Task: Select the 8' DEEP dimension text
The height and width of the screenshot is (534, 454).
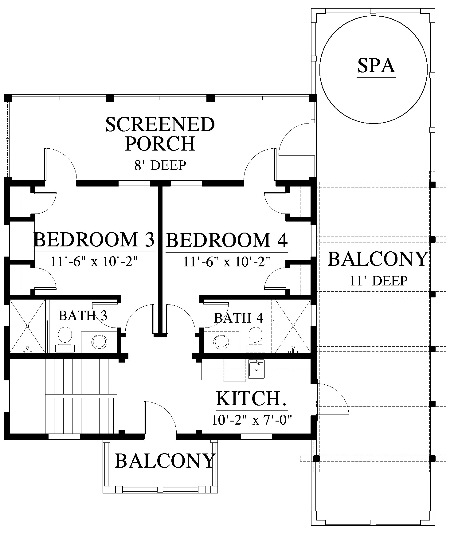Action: click(160, 165)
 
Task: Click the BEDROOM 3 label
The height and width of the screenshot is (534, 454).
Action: click(94, 240)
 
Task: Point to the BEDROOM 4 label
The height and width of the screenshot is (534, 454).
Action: click(227, 240)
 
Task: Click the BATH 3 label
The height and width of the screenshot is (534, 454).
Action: click(83, 316)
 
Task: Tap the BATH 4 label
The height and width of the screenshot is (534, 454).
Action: click(239, 318)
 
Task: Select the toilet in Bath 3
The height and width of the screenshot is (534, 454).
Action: click(65, 339)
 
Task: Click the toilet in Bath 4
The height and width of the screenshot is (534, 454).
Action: click(256, 340)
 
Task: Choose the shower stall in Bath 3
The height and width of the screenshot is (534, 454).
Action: click(27, 326)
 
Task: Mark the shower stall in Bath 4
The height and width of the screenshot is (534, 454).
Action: click(293, 326)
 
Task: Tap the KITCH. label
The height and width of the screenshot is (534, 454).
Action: click(252, 399)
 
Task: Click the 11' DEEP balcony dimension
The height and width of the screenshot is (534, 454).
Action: click(378, 281)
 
